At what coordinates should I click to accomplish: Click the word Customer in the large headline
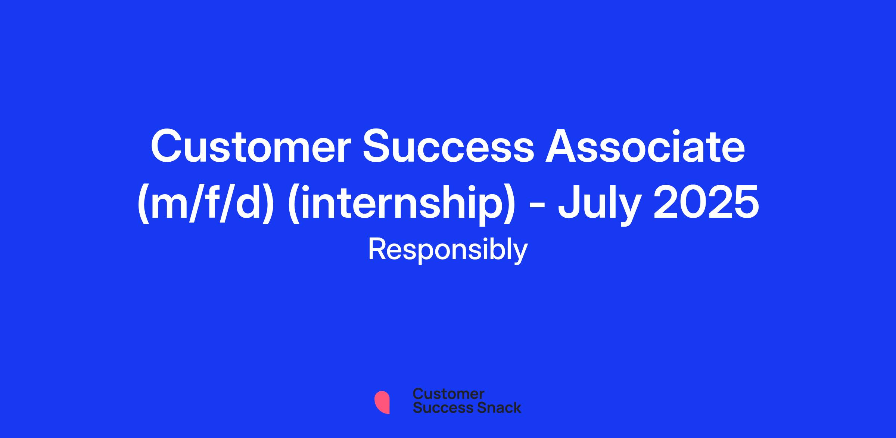[x=248, y=147]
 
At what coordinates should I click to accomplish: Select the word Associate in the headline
[x=645, y=147]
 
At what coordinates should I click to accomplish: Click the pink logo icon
[x=382, y=402]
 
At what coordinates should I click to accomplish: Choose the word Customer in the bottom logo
[x=448, y=394]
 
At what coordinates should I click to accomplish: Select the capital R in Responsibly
[x=377, y=249]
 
